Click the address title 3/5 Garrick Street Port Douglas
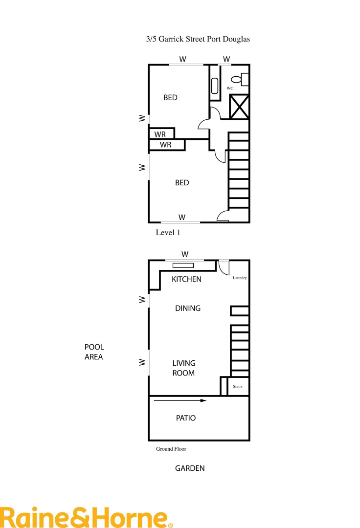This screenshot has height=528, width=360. (198, 39)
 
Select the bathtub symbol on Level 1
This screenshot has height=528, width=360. (215, 86)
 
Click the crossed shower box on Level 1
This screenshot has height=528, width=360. (240, 107)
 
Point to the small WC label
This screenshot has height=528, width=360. (229, 88)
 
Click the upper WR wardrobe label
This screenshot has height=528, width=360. (160, 134)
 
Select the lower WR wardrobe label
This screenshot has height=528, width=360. (165, 145)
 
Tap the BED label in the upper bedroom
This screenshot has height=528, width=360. (170, 98)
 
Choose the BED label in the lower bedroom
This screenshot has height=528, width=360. (182, 183)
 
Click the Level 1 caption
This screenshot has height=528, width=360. (168, 233)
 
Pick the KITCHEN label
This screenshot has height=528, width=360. (186, 280)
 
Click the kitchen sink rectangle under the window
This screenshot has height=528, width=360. (183, 265)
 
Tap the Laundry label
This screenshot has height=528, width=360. (240, 278)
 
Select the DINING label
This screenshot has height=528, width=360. (188, 308)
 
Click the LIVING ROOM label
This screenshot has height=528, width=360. (183, 368)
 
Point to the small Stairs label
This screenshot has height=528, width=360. (238, 386)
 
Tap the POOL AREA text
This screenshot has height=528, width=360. (94, 352)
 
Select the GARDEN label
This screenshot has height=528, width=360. (190, 468)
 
